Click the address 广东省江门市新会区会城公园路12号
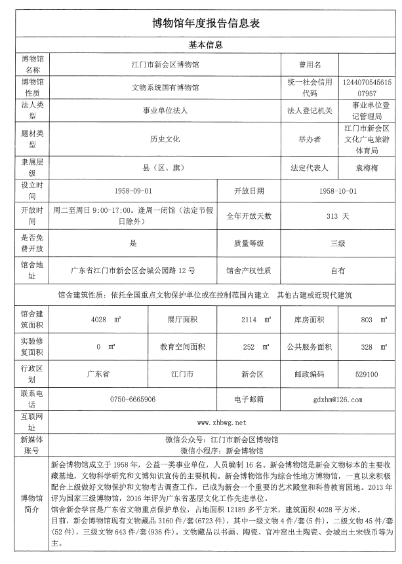132,269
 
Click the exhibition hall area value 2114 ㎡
254,320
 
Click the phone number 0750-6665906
132,399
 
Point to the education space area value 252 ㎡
254,347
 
